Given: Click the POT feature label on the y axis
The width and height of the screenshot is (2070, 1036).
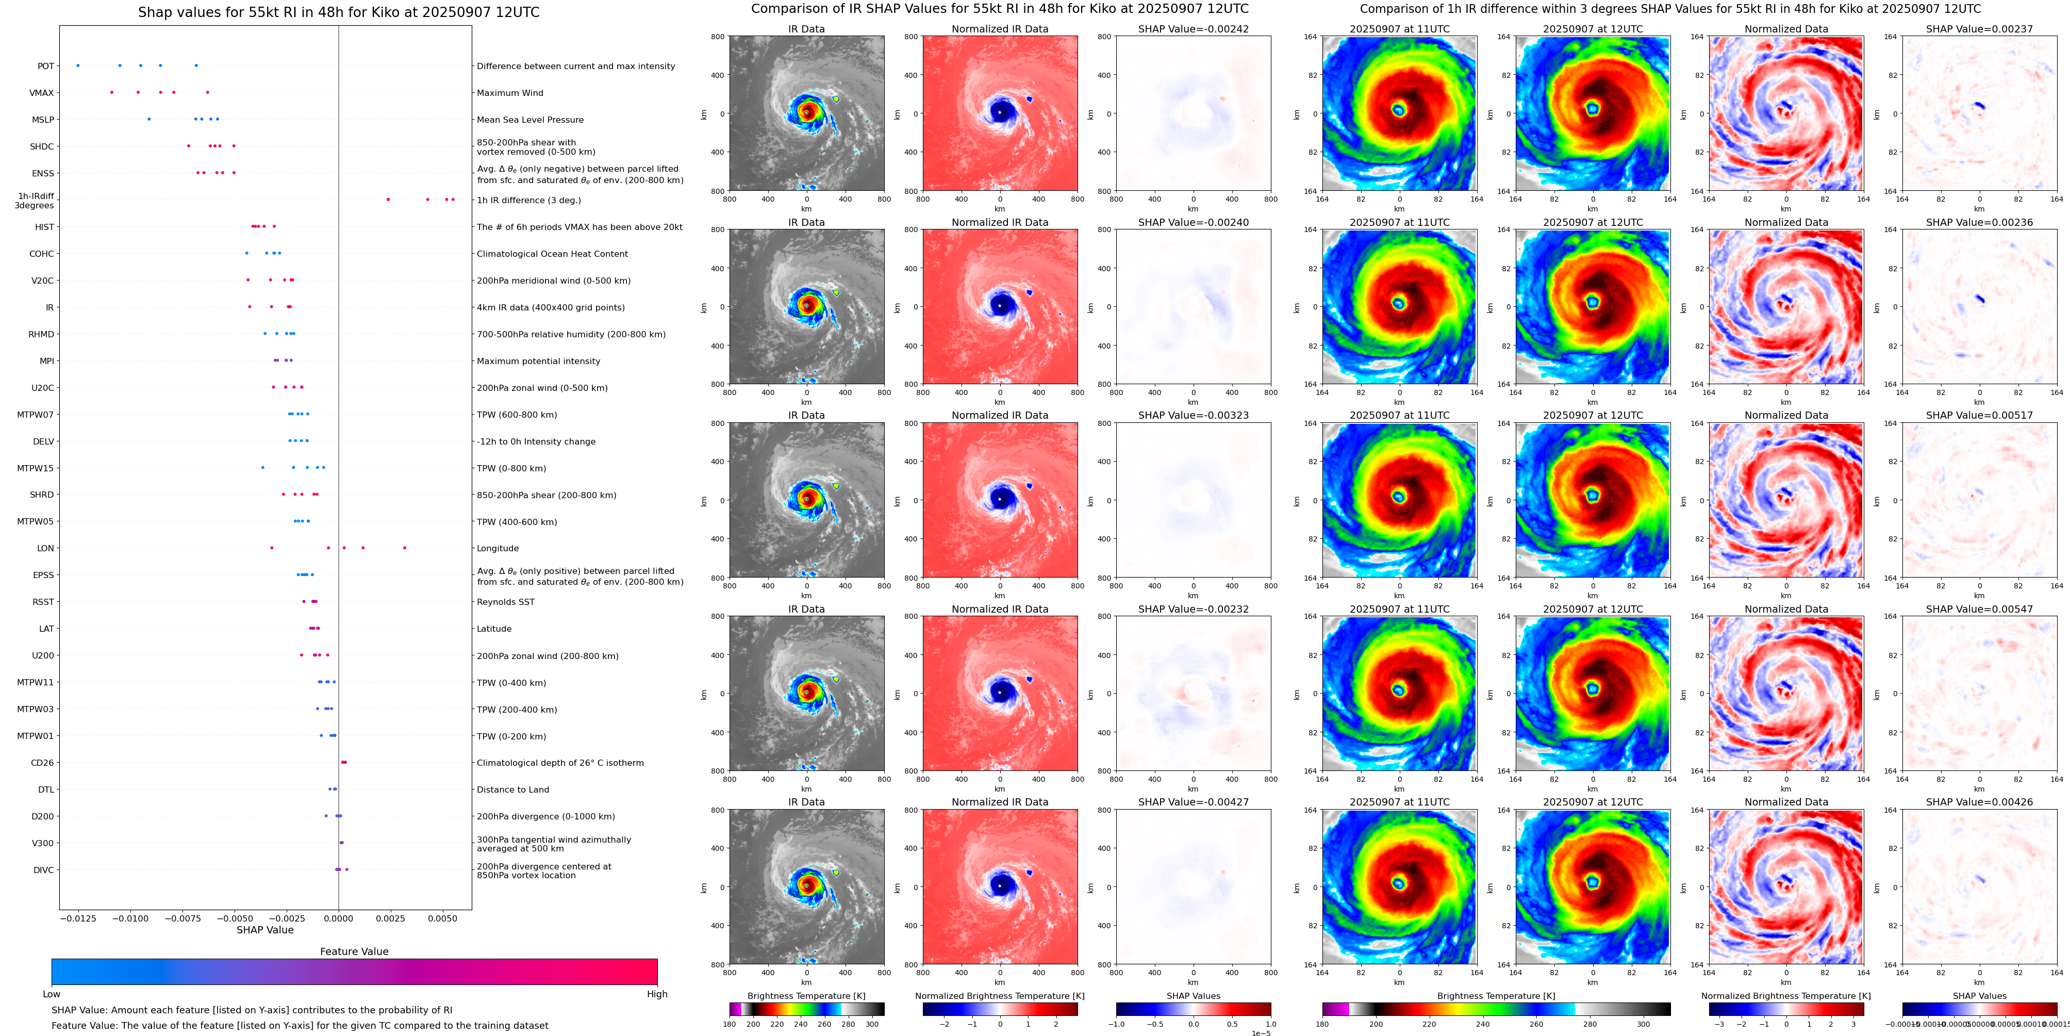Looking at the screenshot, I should pos(46,66).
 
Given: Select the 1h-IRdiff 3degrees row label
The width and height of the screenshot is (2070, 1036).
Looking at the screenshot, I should pos(35,200).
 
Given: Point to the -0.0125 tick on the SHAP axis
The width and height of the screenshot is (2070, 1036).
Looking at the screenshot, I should pos(78,918).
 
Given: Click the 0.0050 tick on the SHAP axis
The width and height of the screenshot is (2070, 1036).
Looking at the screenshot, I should pos(442,918).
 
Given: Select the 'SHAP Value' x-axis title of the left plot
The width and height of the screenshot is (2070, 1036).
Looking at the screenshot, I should pos(265,930).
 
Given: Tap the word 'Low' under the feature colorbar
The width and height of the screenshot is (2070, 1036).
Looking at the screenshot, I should pos(52,994).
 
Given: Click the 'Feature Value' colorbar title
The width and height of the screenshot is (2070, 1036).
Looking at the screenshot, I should pos(354,951).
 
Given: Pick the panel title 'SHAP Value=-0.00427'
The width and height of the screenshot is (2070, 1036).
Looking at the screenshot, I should pos(1194,802).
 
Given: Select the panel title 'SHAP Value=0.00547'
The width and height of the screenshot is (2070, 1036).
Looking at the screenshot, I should pos(1979,609).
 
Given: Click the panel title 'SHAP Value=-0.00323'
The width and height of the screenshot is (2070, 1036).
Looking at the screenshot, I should pos(1194,416).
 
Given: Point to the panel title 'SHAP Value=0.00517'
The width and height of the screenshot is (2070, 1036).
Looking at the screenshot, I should pos(1979,416).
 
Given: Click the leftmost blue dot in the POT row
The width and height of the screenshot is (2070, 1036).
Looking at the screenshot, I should pos(78,65).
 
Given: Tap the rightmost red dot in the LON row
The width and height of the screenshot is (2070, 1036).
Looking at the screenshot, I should pos(404,547).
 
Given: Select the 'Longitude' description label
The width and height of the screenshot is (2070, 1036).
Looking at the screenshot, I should pos(498,548).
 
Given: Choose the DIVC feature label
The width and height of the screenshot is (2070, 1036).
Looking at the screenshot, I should pos(43,869).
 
